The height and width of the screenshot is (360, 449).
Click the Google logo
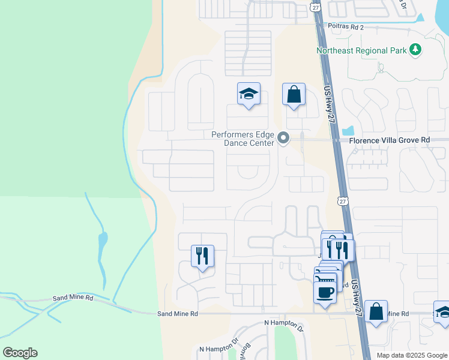tap(20, 353)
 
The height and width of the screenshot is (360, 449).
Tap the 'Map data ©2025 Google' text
tap(411, 355)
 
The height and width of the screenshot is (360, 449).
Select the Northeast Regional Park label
tap(361, 50)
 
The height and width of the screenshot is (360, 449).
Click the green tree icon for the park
tap(415, 50)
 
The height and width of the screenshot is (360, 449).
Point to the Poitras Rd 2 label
tap(346, 26)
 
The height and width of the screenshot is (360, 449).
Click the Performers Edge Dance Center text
tap(243, 139)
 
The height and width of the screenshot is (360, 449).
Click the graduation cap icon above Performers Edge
tap(249, 94)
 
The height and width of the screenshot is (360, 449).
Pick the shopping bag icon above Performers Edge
tap(294, 94)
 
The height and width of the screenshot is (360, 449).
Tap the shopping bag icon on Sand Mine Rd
tap(376, 312)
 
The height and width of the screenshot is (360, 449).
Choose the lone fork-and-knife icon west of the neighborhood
tap(202, 256)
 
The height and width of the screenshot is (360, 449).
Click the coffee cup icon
tap(325, 292)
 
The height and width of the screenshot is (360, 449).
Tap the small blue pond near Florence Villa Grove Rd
tap(348, 130)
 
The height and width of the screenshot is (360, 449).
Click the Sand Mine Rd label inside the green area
tap(73, 298)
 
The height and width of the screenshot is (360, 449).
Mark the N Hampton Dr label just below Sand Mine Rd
tap(285, 323)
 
